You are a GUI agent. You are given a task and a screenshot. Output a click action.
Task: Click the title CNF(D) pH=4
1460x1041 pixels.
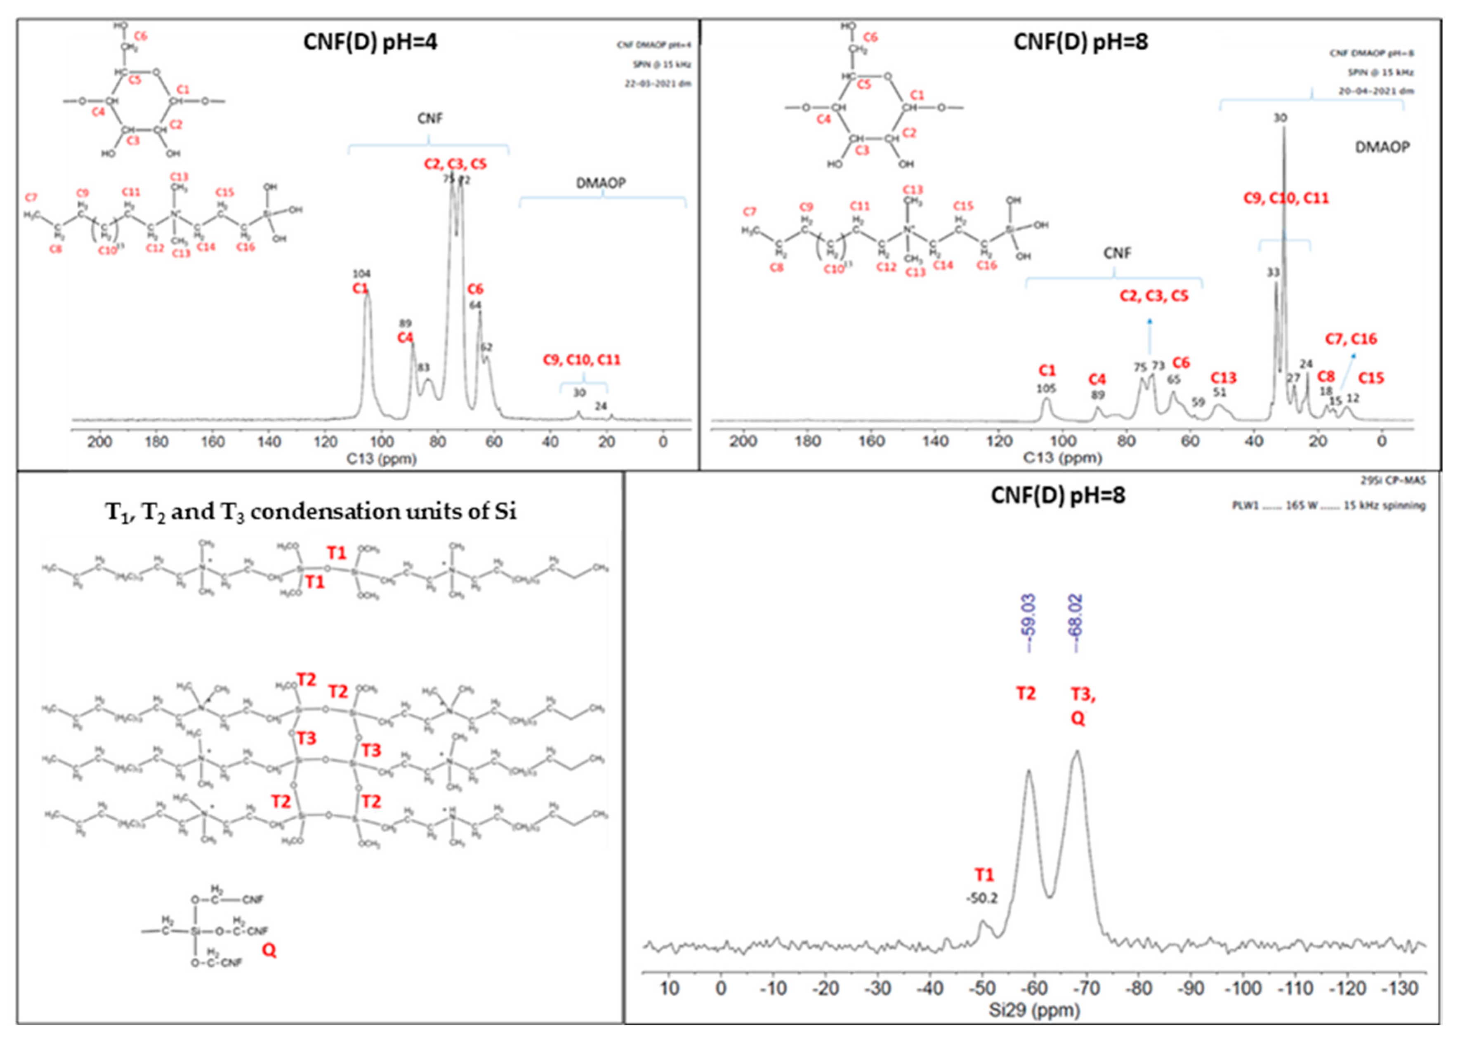pyautogui.click(x=370, y=42)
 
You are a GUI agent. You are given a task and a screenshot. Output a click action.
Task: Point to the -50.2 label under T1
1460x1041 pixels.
pyautogui.click(x=982, y=898)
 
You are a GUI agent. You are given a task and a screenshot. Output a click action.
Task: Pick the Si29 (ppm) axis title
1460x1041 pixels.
pyautogui.click(x=1033, y=1011)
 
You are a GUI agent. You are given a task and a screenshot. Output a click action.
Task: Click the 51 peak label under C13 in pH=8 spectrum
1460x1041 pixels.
pyautogui.click(x=1219, y=392)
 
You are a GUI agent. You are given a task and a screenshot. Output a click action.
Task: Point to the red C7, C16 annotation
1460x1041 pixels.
pyautogui.click(x=1351, y=339)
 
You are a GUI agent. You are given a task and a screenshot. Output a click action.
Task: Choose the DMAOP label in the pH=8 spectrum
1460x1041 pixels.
pyautogui.click(x=1382, y=147)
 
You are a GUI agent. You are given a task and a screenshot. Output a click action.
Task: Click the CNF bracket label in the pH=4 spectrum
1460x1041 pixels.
pyautogui.click(x=429, y=119)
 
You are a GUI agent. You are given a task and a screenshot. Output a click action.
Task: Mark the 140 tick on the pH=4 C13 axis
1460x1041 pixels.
pyautogui.click(x=269, y=442)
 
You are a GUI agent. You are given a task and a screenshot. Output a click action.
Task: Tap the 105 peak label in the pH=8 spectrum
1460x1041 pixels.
pyautogui.click(x=1046, y=389)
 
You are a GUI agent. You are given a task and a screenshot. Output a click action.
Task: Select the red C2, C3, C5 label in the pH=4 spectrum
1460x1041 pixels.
pyautogui.click(x=455, y=164)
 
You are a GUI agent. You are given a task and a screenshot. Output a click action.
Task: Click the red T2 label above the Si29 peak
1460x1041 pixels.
pyautogui.click(x=1026, y=693)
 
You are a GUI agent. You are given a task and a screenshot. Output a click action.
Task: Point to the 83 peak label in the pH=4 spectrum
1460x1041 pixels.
pyautogui.click(x=423, y=367)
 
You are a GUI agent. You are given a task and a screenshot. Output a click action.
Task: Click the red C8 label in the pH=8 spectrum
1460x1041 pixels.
pyautogui.click(x=1326, y=376)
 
